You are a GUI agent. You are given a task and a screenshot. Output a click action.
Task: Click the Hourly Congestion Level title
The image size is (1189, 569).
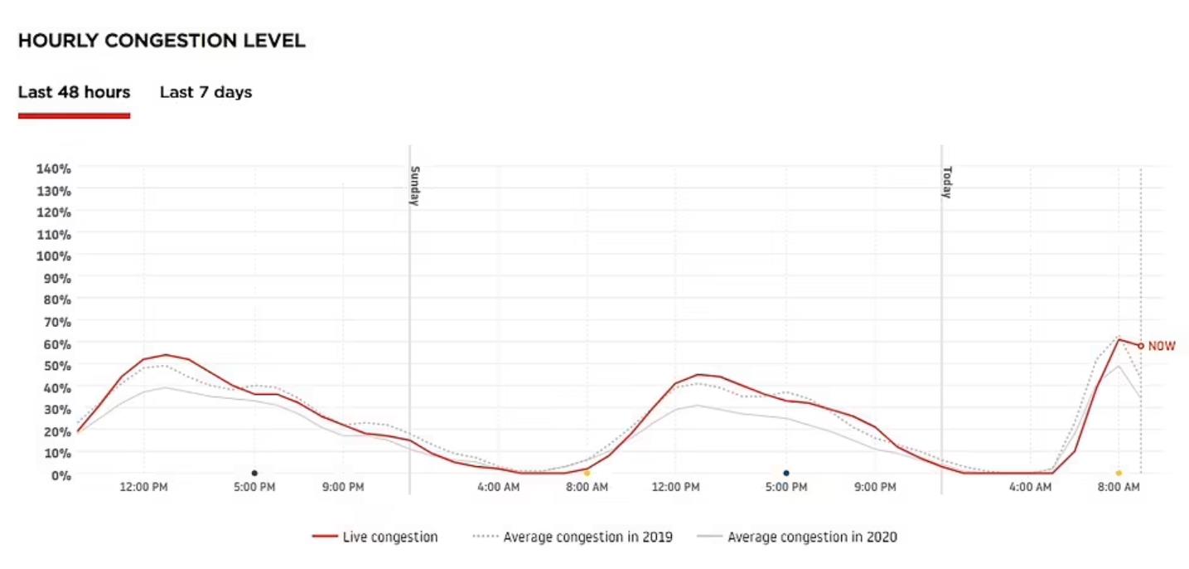click(162, 41)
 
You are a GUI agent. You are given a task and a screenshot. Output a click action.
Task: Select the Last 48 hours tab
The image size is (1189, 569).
click(74, 92)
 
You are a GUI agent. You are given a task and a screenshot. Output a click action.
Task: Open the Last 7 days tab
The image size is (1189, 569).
click(205, 92)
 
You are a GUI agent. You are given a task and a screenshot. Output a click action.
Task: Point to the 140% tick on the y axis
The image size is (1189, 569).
click(54, 168)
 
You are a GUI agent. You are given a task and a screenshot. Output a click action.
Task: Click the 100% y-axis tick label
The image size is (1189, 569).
click(54, 255)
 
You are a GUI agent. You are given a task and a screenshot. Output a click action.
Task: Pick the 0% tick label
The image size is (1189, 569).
click(60, 474)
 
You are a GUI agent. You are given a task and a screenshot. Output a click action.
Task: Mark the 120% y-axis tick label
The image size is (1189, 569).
click(54, 212)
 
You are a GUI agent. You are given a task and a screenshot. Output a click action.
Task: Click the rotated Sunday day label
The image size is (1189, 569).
click(416, 185)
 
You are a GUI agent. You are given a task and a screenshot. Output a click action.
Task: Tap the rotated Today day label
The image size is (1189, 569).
click(947, 182)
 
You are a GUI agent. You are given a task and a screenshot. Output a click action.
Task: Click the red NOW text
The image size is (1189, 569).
click(1161, 346)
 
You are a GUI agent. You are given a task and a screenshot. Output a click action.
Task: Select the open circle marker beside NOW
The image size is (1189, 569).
click(1141, 346)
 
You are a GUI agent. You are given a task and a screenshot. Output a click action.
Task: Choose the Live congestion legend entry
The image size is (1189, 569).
click(375, 537)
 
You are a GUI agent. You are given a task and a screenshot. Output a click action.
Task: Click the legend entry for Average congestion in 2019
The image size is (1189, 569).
click(573, 537)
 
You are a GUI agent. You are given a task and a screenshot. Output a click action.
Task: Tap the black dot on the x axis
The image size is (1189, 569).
click(254, 473)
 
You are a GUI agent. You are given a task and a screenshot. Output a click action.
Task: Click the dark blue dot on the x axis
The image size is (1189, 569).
click(786, 473)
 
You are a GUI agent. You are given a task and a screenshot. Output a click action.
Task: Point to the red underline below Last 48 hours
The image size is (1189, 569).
click(74, 115)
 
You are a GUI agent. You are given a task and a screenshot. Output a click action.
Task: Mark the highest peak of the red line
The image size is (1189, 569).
click(1119, 339)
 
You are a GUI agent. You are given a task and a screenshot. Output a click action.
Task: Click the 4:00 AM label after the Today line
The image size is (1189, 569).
click(1030, 487)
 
